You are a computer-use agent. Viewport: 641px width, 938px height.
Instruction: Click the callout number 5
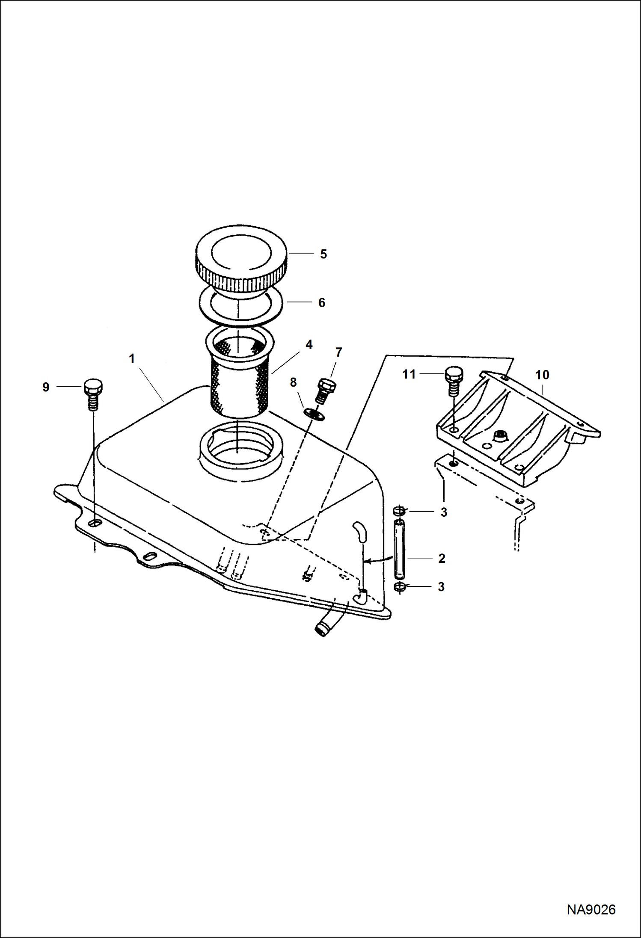pos(323,254)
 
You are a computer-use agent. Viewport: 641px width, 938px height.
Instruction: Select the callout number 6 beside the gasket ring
pos(322,302)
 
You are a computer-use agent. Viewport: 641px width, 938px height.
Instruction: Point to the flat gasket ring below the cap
pos(242,304)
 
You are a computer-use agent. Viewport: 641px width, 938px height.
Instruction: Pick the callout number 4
pos(309,344)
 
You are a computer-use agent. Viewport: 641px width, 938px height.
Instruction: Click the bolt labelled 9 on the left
pos(93,394)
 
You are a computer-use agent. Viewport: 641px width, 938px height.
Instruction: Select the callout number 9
pos(46,387)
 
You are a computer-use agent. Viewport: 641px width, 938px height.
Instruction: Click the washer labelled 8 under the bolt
pos(314,413)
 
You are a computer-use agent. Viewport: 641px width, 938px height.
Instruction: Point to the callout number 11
pos(409,375)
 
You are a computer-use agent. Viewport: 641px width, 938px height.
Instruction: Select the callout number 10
pos(542,375)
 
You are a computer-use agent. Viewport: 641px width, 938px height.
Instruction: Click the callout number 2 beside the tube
pos(442,558)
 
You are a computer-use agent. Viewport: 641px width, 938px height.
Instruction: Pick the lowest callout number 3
pos(442,587)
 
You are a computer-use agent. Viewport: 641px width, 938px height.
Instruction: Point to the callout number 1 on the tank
pos(132,358)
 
